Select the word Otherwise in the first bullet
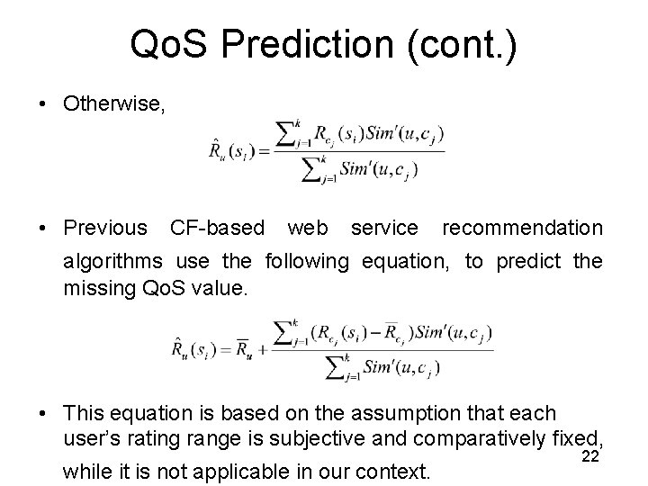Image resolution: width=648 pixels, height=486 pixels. point(113,104)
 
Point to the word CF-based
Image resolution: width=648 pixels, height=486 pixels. point(217,229)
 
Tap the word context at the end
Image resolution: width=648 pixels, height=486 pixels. point(394,471)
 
